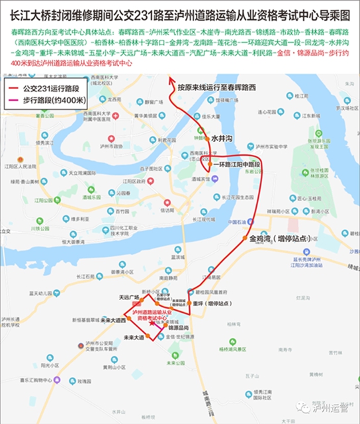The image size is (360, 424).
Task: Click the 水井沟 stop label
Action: point(222,140)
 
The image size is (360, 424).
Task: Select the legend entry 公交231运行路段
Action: point(52,87)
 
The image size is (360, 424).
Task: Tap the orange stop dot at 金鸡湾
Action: point(245,237)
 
